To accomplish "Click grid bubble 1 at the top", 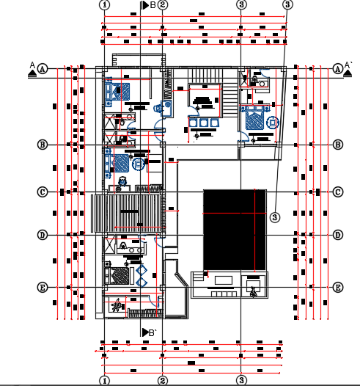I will tap(106, 4).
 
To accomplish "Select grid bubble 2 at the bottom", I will tap(163, 380).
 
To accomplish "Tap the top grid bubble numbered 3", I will tap(240, 4).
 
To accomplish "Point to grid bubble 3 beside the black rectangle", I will tap(274, 216).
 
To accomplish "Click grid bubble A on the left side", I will tap(43, 69).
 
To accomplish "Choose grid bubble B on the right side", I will tap(338, 145).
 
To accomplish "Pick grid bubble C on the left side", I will tap(43, 192).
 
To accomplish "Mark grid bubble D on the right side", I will tap(338, 235).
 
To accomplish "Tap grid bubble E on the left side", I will tap(43, 287).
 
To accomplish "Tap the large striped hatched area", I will tap(127, 214).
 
